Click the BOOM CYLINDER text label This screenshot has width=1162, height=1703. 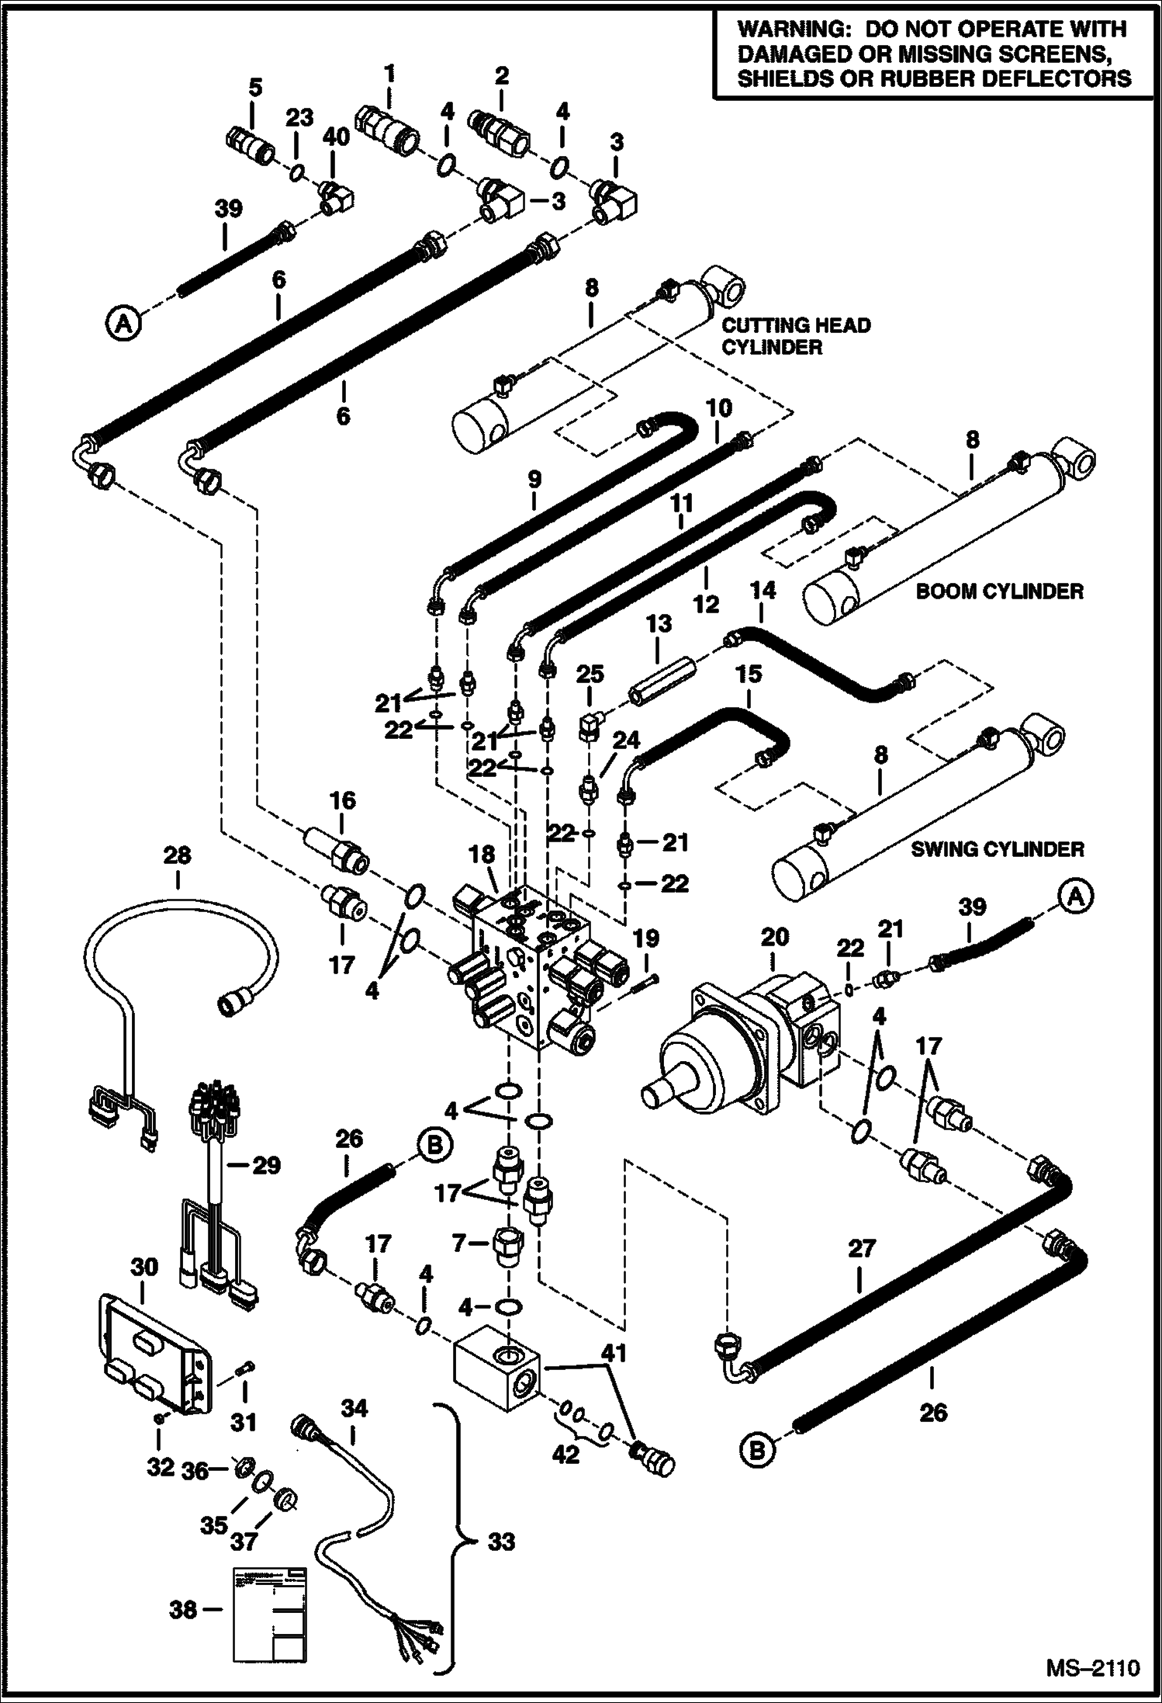click(999, 591)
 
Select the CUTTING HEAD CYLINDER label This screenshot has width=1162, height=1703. click(796, 335)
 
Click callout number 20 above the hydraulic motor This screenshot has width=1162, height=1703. click(774, 937)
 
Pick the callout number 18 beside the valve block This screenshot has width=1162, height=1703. click(482, 855)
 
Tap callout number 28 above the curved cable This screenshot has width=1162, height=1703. click(177, 855)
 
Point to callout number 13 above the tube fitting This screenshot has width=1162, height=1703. click(658, 623)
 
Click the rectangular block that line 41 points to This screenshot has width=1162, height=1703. click(496, 1375)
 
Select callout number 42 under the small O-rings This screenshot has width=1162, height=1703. click(565, 1454)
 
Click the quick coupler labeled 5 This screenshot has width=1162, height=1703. click(247, 142)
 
